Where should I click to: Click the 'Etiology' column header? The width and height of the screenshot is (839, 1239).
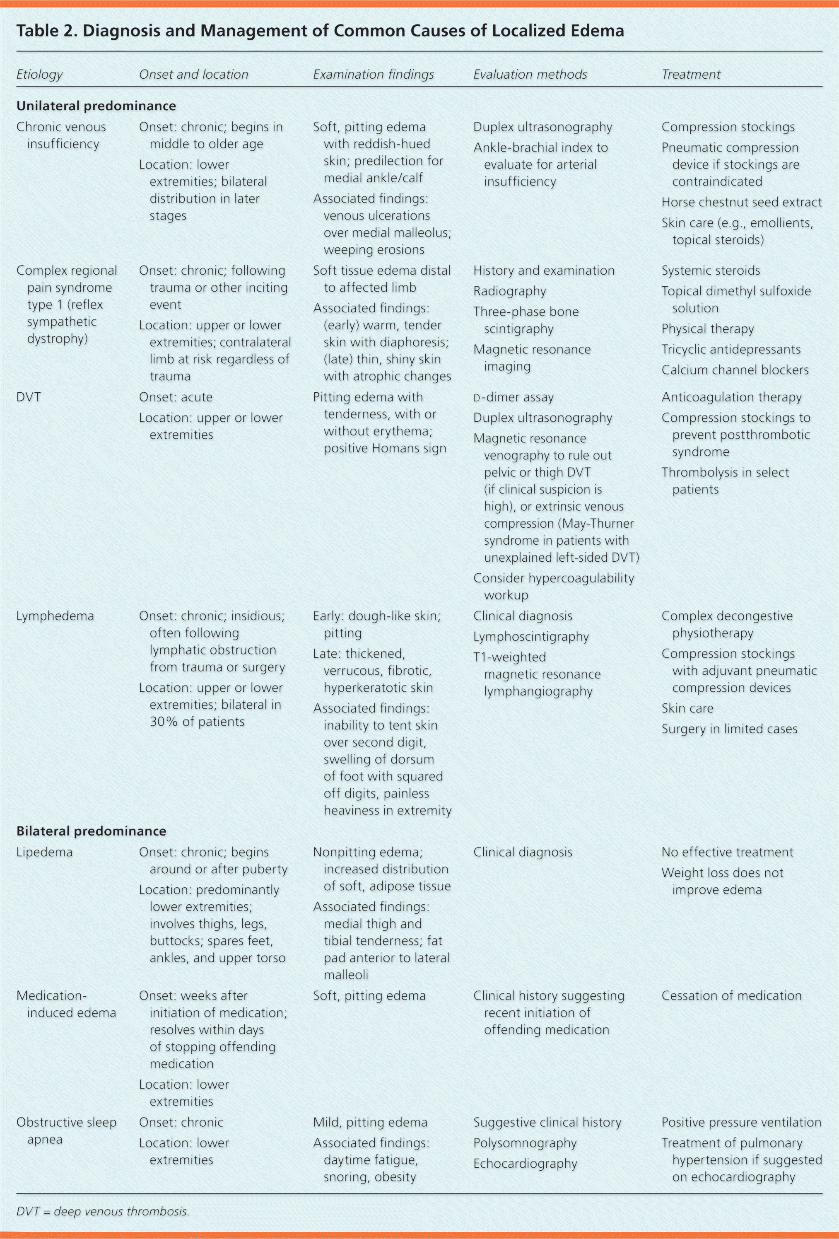pos(39,75)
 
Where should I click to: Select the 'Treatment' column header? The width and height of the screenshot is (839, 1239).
pos(690,75)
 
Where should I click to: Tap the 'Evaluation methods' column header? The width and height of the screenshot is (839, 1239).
pos(530,75)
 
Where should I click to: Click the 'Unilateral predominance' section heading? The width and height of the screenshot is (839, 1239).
pos(96,106)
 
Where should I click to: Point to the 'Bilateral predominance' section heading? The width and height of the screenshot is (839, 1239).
pos(91,831)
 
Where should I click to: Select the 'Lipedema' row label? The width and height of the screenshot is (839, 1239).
pos(44,852)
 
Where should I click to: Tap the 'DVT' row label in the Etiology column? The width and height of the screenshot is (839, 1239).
pos(29,397)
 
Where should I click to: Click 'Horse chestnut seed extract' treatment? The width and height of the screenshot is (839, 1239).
pos(741,202)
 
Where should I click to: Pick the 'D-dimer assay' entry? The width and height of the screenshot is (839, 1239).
pos(514,397)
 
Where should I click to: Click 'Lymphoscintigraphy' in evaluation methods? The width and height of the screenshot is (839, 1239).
pos(531,637)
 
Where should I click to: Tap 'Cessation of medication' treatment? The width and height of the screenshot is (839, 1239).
pos(731,995)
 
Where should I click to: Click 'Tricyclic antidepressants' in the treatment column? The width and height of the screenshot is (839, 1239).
pos(731,349)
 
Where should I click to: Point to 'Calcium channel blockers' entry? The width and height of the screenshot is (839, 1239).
pos(735,370)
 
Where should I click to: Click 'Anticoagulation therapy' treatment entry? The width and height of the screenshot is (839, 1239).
pos(731,397)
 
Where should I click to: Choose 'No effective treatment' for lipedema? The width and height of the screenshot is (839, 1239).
pos(727,852)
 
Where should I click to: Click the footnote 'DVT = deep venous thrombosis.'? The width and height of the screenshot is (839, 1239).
pos(103,1211)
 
